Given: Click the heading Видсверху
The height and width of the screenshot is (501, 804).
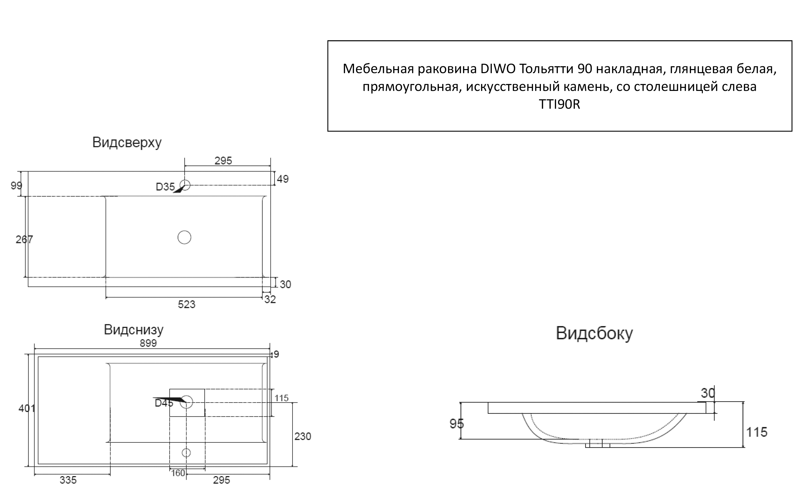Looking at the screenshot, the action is pos(127,142).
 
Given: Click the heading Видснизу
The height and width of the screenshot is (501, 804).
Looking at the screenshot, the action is pos(134,330).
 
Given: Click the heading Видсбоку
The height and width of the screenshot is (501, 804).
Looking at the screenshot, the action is pos(594,333).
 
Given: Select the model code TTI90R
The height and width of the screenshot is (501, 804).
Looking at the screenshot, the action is pos(559,104).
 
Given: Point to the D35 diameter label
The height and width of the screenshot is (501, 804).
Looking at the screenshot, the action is pos(165,187).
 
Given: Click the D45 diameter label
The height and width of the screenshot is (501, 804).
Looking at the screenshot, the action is pos(164,403).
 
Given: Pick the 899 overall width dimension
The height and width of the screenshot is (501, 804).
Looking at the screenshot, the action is pos(148,343).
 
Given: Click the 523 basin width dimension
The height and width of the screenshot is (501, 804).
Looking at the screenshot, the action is pos(186,304).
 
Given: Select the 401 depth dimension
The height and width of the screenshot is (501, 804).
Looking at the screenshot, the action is pos(26,408).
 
